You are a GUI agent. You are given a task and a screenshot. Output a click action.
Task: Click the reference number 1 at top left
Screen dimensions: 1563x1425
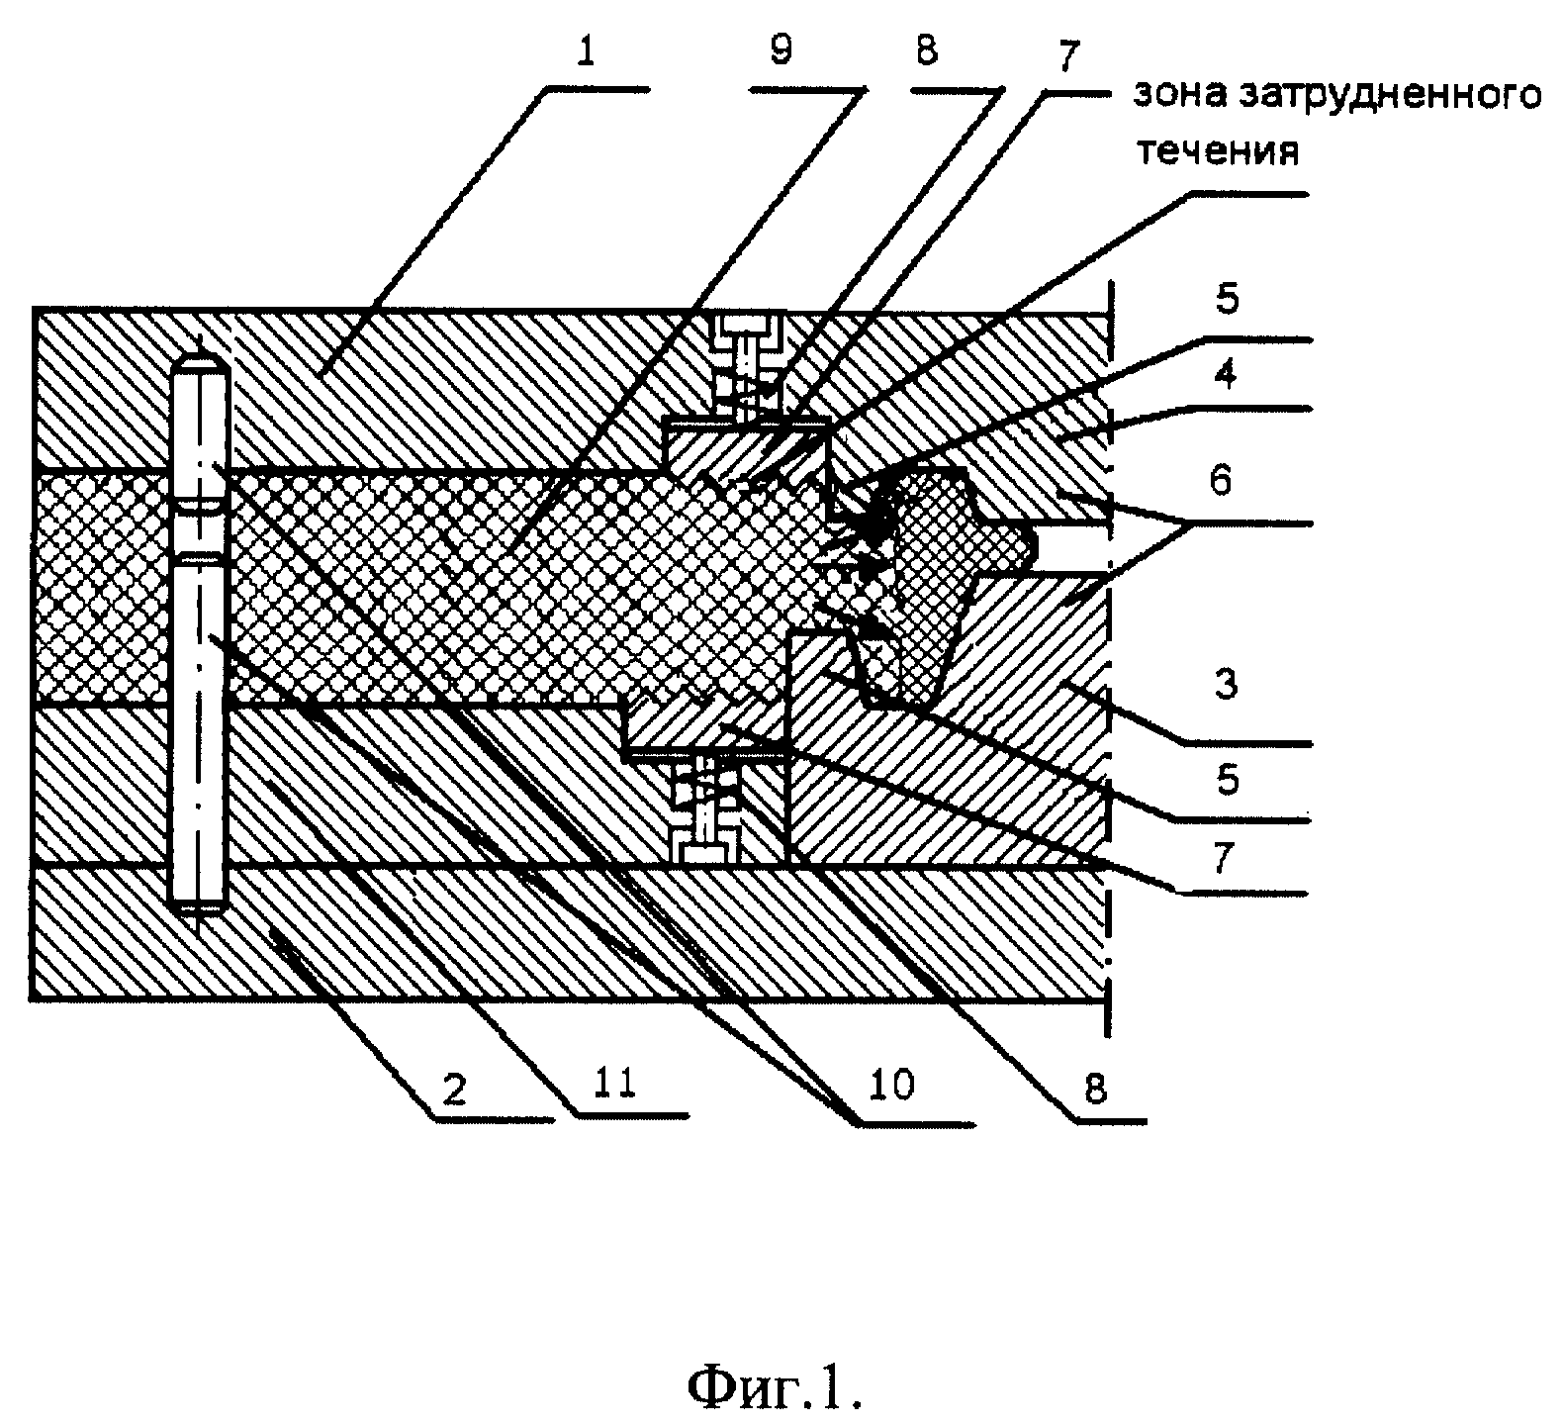click(588, 50)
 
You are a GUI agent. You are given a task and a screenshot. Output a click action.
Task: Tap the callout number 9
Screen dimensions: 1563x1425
click(781, 50)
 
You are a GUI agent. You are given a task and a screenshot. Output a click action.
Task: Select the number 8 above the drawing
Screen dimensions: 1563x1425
click(926, 50)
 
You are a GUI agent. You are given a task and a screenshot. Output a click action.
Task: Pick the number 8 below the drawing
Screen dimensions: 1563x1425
click(1095, 1089)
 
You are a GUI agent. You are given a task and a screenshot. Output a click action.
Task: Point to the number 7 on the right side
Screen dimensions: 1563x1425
click(1225, 858)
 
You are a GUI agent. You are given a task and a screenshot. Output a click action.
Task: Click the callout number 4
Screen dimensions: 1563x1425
click(1226, 375)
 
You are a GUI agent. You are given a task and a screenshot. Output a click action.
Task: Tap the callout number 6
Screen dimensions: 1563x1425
click(1222, 481)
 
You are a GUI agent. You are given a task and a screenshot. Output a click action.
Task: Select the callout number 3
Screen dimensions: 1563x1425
click(1226, 684)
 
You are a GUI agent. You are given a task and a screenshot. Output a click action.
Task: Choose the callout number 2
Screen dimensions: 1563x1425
click(454, 1090)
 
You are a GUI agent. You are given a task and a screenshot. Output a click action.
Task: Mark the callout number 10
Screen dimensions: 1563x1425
click(891, 1086)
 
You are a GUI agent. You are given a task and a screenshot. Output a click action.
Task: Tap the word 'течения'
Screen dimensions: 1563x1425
click(1216, 152)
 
